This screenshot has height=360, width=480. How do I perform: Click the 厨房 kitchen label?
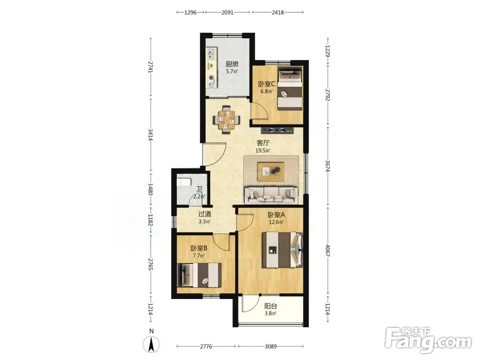coord(232,64)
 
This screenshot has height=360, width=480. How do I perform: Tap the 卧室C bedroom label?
coord(266,84)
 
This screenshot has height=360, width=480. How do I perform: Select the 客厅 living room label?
coord(263,143)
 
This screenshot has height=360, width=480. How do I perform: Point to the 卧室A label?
coord(276,215)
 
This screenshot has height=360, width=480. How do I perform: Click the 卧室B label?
coord(199,248)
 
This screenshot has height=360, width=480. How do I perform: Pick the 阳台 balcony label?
coord(271,306)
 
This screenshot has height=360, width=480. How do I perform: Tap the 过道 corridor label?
coord(204,214)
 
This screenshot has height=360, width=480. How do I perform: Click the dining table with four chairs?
coord(227,120)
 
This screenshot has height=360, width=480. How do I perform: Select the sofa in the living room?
coord(271,195)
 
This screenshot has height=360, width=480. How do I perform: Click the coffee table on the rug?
coord(271,172)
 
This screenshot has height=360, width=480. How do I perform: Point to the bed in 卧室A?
coord(282,250)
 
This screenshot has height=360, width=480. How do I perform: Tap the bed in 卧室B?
coord(199,275)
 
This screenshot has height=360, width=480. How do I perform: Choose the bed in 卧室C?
coord(289,88)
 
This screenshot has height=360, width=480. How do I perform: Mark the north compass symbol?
coord(151,344)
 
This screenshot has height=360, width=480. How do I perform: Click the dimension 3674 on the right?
coord(327,166)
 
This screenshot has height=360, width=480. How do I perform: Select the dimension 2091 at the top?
coord(227,12)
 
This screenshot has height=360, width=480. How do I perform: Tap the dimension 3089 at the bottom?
coord(271,347)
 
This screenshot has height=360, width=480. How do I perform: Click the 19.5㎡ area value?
coord(263,151)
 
